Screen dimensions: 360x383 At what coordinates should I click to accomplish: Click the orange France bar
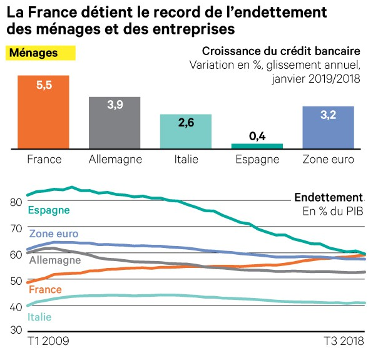(43, 113)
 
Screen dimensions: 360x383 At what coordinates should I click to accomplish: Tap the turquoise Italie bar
(186, 132)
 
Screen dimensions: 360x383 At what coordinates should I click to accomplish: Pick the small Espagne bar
(257, 146)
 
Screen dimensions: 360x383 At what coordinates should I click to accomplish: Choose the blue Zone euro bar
(328, 128)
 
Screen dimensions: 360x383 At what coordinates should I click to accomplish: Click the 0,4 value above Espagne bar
(257, 135)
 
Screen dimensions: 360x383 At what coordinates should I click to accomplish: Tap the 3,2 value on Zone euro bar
(328, 116)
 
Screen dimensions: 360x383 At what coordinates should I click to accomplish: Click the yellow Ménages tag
(40, 53)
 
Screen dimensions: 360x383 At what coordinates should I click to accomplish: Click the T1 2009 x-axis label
(48, 342)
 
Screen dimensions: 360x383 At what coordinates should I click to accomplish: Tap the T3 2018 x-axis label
(344, 342)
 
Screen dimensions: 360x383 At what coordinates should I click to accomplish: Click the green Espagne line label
(49, 210)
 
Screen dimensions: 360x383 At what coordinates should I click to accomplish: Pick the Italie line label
(40, 317)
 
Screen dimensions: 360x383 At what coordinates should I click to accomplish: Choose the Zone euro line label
(53, 234)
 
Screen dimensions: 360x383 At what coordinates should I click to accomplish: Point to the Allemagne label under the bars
(115, 160)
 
